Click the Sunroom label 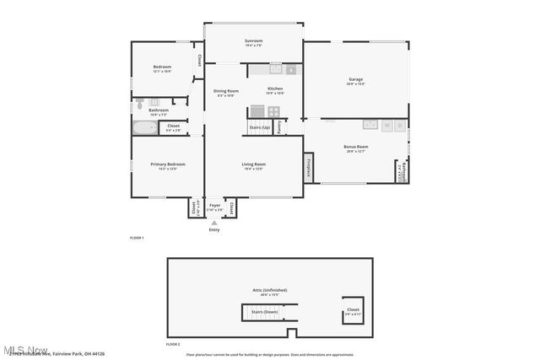click(253, 41)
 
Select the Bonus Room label click(355, 148)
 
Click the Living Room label click(254, 165)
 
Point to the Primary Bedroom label click(168, 165)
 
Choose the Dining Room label click(225, 91)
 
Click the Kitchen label click(275, 89)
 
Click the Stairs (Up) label click(260, 127)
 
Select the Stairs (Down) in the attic click(265, 312)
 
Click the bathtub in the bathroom click(145, 128)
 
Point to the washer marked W click(386, 125)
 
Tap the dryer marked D click(400, 125)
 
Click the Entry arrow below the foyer click(213, 223)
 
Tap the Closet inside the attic click(352, 310)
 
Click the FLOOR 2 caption click(173, 344)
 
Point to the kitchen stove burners click(258, 110)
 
